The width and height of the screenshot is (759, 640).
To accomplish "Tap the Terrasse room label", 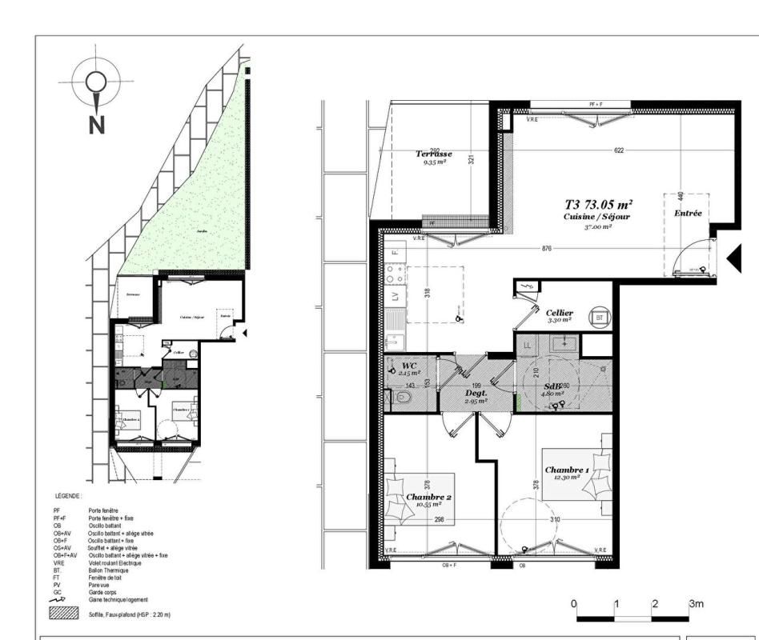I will pyautogui.click(x=434, y=154).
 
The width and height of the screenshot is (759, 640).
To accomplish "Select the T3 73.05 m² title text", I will pyautogui.click(x=599, y=205).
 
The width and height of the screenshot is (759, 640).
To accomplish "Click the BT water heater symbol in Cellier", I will pyautogui.click(x=599, y=317).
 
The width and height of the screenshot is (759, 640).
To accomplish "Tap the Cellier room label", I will pyautogui.click(x=560, y=313).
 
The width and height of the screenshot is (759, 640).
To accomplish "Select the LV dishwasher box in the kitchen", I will pyautogui.click(x=395, y=296).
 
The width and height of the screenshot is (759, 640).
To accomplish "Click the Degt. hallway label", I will pyautogui.click(x=477, y=394).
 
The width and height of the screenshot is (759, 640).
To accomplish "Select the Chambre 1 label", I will pyautogui.click(x=567, y=470).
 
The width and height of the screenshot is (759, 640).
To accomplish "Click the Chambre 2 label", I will pyautogui.click(x=429, y=498).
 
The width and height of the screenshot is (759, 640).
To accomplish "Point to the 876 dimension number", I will pyautogui.click(x=547, y=248).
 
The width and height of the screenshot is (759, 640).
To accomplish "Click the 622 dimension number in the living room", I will pyautogui.click(x=619, y=150).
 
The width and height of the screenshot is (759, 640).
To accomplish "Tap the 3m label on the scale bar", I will pyautogui.click(x=696, y=604).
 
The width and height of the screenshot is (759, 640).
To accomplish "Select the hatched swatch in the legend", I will pyautogui.click(x=65, y=614).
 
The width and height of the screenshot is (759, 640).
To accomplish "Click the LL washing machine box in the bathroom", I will pyautogui.click(x=528, y=345).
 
